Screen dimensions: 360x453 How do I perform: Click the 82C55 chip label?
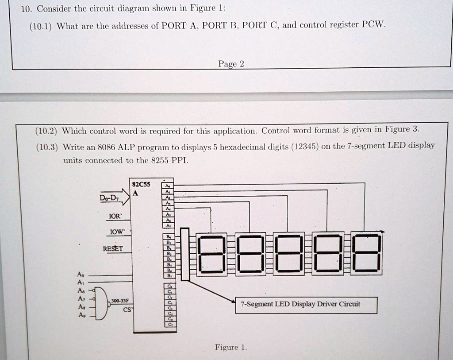point(142,184)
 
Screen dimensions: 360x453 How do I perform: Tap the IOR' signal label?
point(114,217)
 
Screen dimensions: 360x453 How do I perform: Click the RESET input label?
point(113,248)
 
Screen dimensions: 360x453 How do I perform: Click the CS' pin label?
point(127,310)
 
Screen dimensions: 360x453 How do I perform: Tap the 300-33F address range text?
point(119,301)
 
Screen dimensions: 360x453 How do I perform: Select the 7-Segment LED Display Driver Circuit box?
point(306,304)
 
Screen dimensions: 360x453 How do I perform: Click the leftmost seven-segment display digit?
point(211,255)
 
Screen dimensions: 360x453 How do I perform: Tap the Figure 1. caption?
point(230,347)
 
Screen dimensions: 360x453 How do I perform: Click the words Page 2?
point(231,64)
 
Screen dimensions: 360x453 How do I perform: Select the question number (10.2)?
point(46,131)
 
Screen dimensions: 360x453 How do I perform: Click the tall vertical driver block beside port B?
point(185,254)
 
